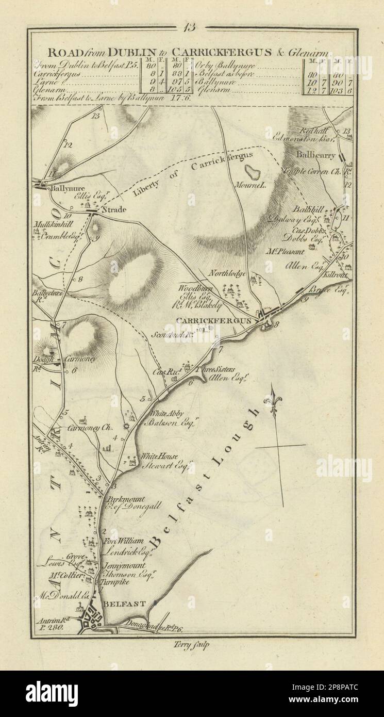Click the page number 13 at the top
coord(191,28)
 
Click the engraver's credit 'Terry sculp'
coord(193,644)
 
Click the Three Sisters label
coord(217,369)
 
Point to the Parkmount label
coord(125,499)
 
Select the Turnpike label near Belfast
coord(119,581)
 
